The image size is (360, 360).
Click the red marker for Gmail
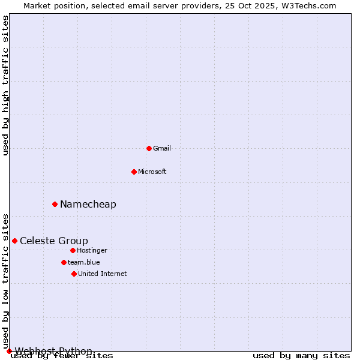coord(149,148)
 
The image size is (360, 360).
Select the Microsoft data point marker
coord(134,172)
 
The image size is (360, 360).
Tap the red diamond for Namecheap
coord(55,204)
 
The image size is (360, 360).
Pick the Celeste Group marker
coord(14,241)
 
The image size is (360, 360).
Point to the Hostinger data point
coord(73,250)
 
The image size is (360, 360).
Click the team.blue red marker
coord(64,262)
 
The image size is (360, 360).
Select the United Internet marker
coord(74,274)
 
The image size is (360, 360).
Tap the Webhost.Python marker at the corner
coord(9,351)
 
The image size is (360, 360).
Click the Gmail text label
coord(162,148)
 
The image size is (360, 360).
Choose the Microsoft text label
coord(152,172)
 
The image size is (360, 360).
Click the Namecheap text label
coord(88,204)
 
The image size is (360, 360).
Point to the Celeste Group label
coord(54,241)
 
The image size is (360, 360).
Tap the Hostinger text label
coord(92,250)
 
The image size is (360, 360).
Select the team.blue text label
coord(84,262)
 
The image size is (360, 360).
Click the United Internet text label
coord(103,274)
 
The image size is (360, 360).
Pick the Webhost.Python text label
coord(53,350)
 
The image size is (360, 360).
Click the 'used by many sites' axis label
coord(301,356)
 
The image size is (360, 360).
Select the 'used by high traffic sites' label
coord(6,85)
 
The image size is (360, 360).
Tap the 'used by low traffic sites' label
coord(6,281)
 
